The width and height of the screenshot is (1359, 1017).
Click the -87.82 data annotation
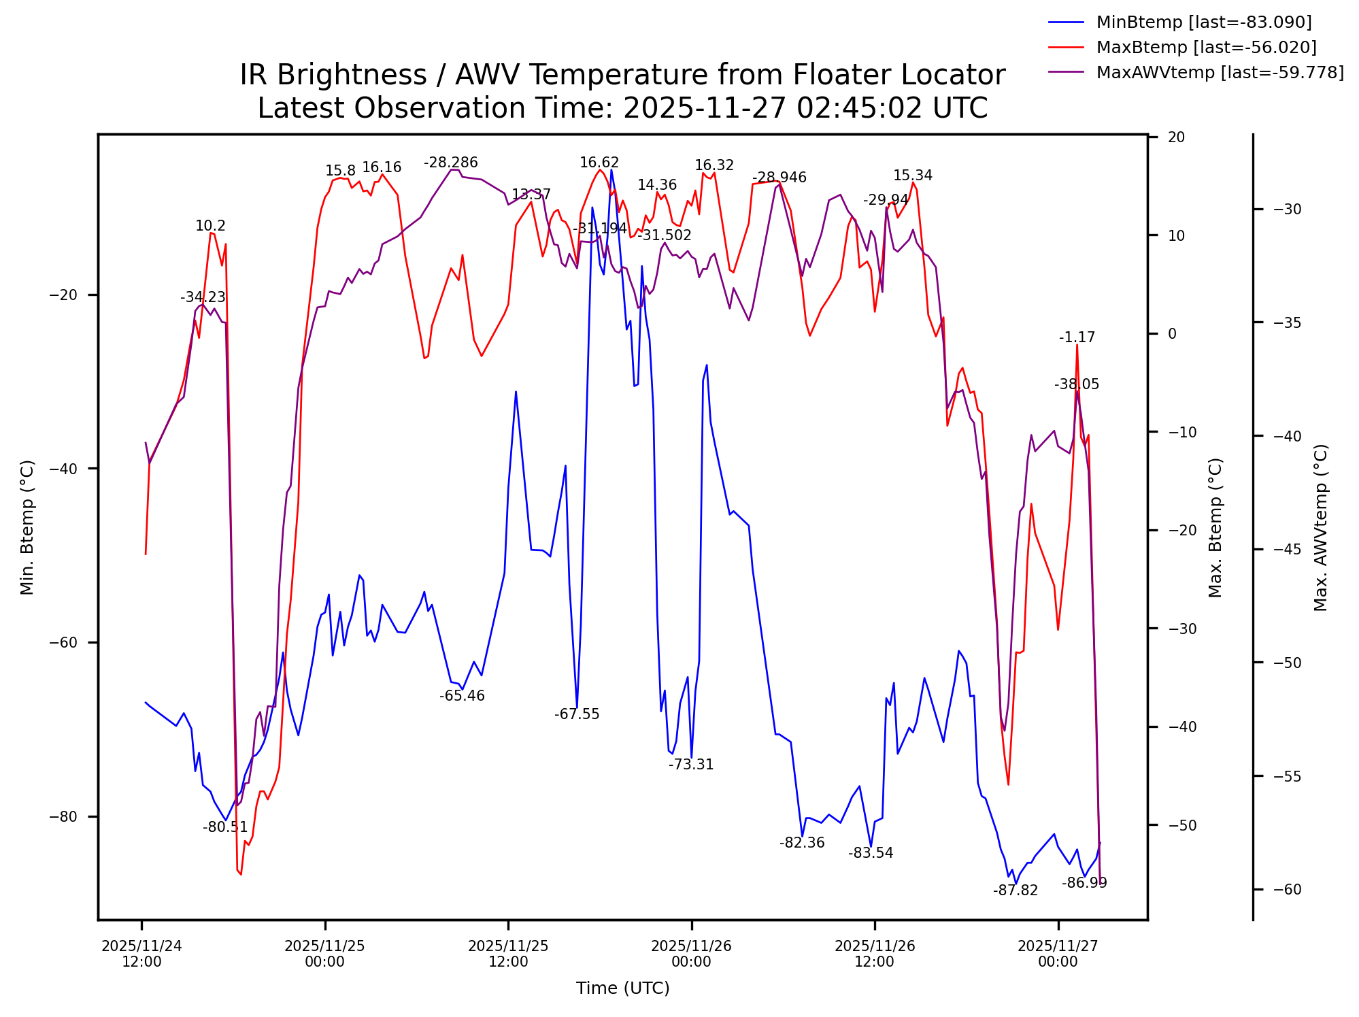click(1015, 890)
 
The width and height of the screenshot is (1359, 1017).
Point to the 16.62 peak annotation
click(599, 163)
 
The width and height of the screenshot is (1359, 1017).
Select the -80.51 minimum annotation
click(225, 827)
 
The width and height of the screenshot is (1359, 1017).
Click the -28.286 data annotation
click(450, 163)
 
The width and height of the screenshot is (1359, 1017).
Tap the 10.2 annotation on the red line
click(210, 226)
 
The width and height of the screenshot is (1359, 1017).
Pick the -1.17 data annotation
click(1077, 337)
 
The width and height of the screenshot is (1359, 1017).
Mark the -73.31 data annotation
click(691, 765)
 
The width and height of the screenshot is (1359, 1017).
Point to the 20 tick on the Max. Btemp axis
click(1176, 137)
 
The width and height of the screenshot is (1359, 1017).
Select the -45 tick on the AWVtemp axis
click(1287, 550)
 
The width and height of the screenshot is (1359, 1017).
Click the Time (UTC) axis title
click(622, 988)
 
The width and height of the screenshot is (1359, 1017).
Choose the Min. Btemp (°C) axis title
click(27, 527)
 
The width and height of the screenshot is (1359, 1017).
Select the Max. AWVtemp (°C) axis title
click(1320, 527)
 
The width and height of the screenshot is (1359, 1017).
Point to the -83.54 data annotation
click(871, 853)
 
